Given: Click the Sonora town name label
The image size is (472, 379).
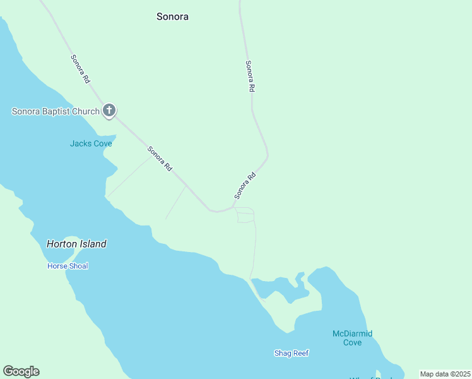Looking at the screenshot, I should [172, 17].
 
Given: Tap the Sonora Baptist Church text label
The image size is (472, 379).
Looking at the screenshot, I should [56, 112].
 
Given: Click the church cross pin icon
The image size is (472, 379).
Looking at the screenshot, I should [109, 111].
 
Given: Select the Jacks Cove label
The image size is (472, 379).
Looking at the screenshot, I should [91, 143].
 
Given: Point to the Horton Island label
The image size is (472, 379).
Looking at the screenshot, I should [76, 244].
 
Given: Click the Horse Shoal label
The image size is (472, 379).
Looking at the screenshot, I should [68, 266].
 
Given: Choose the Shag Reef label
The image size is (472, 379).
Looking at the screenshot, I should [291, 353].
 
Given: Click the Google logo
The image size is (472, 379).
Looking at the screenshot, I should [21, 371].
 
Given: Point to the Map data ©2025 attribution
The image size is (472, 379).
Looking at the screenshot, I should [445, 374].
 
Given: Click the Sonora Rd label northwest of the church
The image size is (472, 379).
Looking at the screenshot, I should [81, 68].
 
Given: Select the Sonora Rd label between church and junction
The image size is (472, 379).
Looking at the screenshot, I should [160, 159].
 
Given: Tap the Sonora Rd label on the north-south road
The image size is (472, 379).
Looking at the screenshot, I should [250, 76].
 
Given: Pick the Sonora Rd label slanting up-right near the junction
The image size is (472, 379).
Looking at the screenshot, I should [245, 184].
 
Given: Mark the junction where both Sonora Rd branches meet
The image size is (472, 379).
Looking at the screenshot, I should [233, 206].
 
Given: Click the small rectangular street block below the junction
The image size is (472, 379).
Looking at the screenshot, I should [245, 217].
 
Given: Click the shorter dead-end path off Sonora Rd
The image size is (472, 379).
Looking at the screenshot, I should [176, 203].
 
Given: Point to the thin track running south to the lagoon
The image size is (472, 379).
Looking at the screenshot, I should [255, 250].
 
